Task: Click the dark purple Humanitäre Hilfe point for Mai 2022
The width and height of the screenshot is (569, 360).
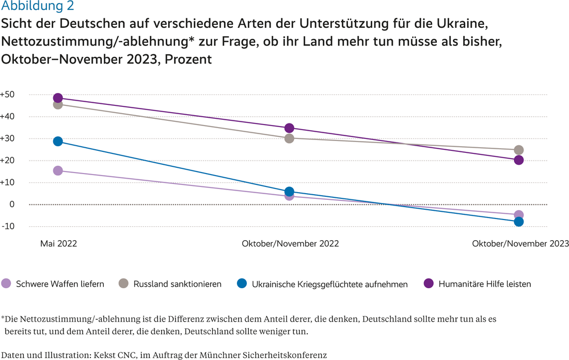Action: click(58, 98)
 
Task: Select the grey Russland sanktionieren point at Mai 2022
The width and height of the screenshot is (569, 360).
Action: click(58, 104)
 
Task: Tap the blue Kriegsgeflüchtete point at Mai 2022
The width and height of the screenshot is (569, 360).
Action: click(58, 141)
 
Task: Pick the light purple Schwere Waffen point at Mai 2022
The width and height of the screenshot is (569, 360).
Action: click(58, 170)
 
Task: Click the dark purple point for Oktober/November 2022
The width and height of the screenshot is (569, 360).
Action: click(289, 128)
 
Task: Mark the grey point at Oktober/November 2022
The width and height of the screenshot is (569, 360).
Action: click(289, 138)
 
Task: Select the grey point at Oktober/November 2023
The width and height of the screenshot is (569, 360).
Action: click(519, 150)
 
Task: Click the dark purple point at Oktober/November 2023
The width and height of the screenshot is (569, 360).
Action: click(519, 160)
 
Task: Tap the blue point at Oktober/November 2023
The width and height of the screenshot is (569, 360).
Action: click(519, 222)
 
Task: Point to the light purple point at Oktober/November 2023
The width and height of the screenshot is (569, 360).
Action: click(519, 215)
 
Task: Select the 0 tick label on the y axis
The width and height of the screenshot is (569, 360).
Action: click(11, 205)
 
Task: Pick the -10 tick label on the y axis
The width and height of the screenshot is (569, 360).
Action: click(8, 226)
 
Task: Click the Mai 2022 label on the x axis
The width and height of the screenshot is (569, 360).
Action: click(58, 243)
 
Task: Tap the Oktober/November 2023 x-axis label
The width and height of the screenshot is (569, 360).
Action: click(520, 243)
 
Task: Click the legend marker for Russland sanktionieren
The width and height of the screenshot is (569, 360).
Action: click(124, 284)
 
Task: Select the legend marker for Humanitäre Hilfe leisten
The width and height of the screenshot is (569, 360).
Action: click(429, 284)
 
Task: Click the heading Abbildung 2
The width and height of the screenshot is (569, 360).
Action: click(38, 6)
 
